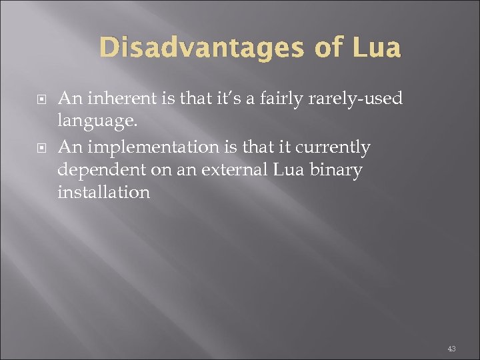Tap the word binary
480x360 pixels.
pos(339,170)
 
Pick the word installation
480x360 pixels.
pos(103,193)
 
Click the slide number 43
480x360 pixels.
pos(452,349)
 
